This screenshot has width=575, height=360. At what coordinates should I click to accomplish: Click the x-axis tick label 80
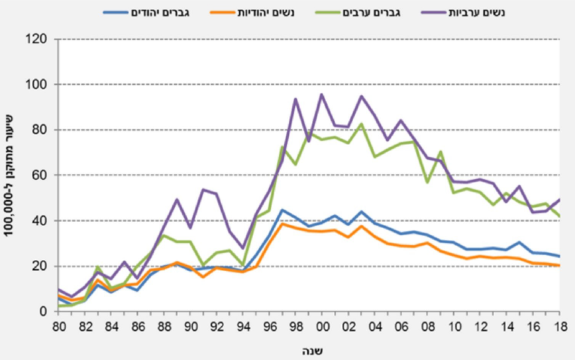tap(58, 327)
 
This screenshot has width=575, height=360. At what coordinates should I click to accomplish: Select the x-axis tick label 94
tap(244, 327)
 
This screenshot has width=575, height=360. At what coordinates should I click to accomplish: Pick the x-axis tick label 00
tap(323, 327)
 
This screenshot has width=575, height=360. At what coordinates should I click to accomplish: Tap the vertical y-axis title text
tap(13, 175)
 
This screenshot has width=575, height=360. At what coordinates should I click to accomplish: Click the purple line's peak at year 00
tap(322, 94)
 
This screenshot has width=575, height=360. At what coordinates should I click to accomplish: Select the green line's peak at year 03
tap(362, 124)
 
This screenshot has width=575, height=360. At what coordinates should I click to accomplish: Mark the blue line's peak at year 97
tap(282, 210)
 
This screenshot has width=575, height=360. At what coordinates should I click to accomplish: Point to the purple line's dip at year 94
tap(243, 248)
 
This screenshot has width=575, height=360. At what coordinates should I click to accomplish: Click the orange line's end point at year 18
tap(560, 265)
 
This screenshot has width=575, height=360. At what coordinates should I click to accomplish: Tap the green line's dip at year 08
tap(428, 182)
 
